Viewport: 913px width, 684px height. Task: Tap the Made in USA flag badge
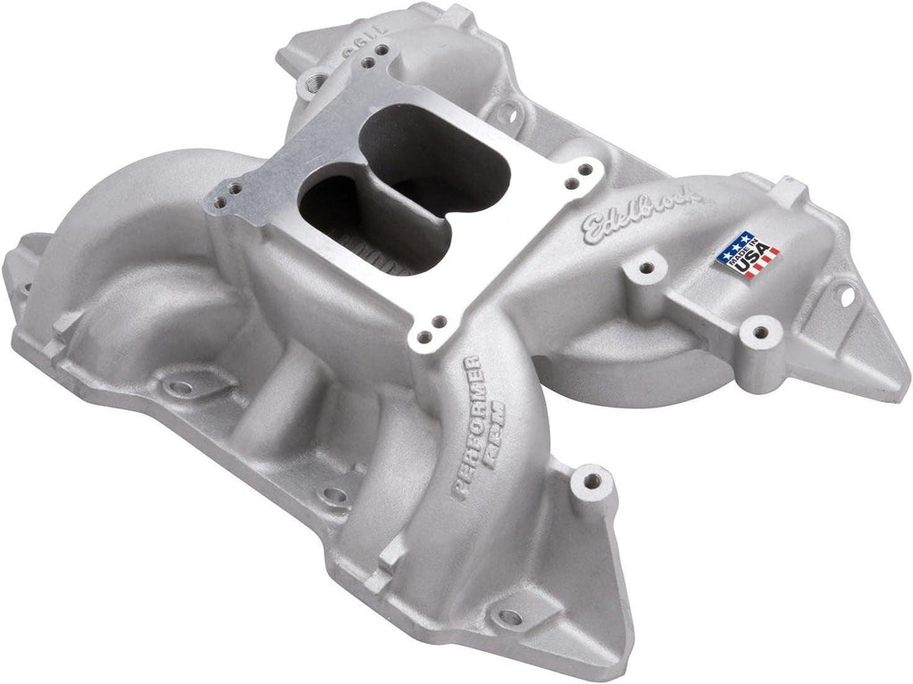pos(748,254)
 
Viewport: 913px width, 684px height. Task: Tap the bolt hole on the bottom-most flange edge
pos(509,616)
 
